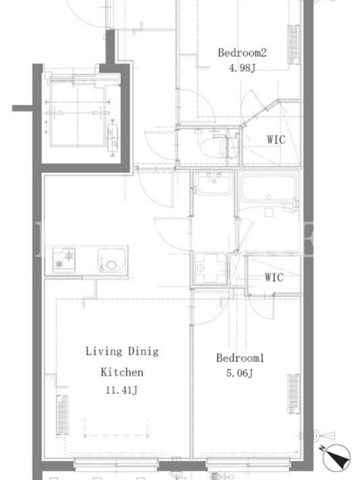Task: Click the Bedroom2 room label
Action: (242, 53)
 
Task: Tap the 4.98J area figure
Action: (242, 68)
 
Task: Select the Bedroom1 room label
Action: (240, 358)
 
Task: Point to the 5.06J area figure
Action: (239, 373)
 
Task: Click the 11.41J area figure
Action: (122, 390)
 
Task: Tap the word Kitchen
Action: (122, 372)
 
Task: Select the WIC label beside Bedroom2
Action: (276, 140)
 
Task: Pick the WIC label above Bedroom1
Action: (274, 277)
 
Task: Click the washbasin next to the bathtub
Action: (214, 183)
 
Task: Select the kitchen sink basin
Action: (112, 260)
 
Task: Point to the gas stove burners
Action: (64, 260)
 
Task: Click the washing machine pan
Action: (211, 268)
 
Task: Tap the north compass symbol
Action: (336, 458)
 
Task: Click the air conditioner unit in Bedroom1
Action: (293, 394)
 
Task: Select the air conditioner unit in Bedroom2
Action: (293, 44)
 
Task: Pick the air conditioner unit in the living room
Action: (62, 415)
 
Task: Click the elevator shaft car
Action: (77, 114)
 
